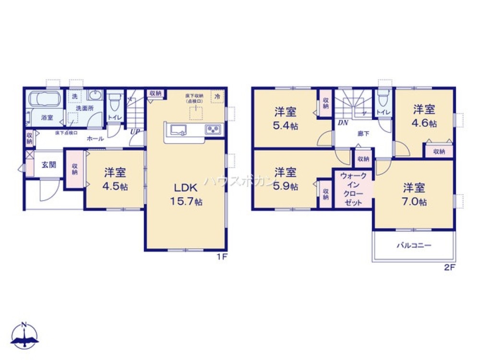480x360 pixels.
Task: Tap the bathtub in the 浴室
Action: [x=44, y=99]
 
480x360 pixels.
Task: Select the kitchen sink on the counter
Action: [x=177, y=129]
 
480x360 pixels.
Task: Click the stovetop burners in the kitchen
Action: [x=213, y=129]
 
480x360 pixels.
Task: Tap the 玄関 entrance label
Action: [x=48, y=165]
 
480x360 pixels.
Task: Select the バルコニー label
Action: [x=413, y=245]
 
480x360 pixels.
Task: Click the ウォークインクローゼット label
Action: [x=353, y=190]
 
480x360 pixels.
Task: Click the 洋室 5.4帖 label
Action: [x=285, y=118]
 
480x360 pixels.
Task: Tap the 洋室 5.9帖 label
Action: [x=285, y=179]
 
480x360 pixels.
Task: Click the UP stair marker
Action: [x=134, y=132]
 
